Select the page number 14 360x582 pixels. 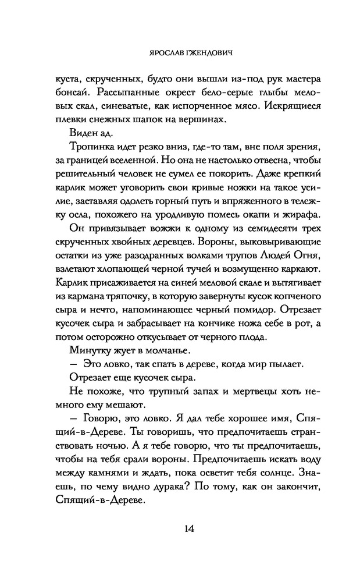click(180, 528)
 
